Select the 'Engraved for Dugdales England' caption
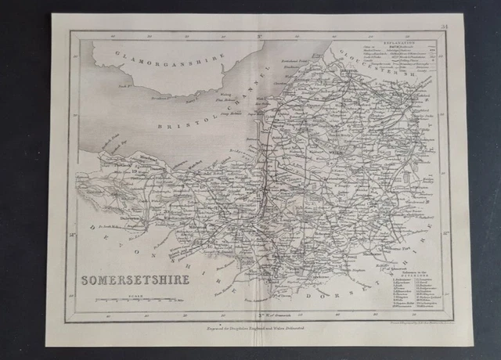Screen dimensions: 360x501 251,332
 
